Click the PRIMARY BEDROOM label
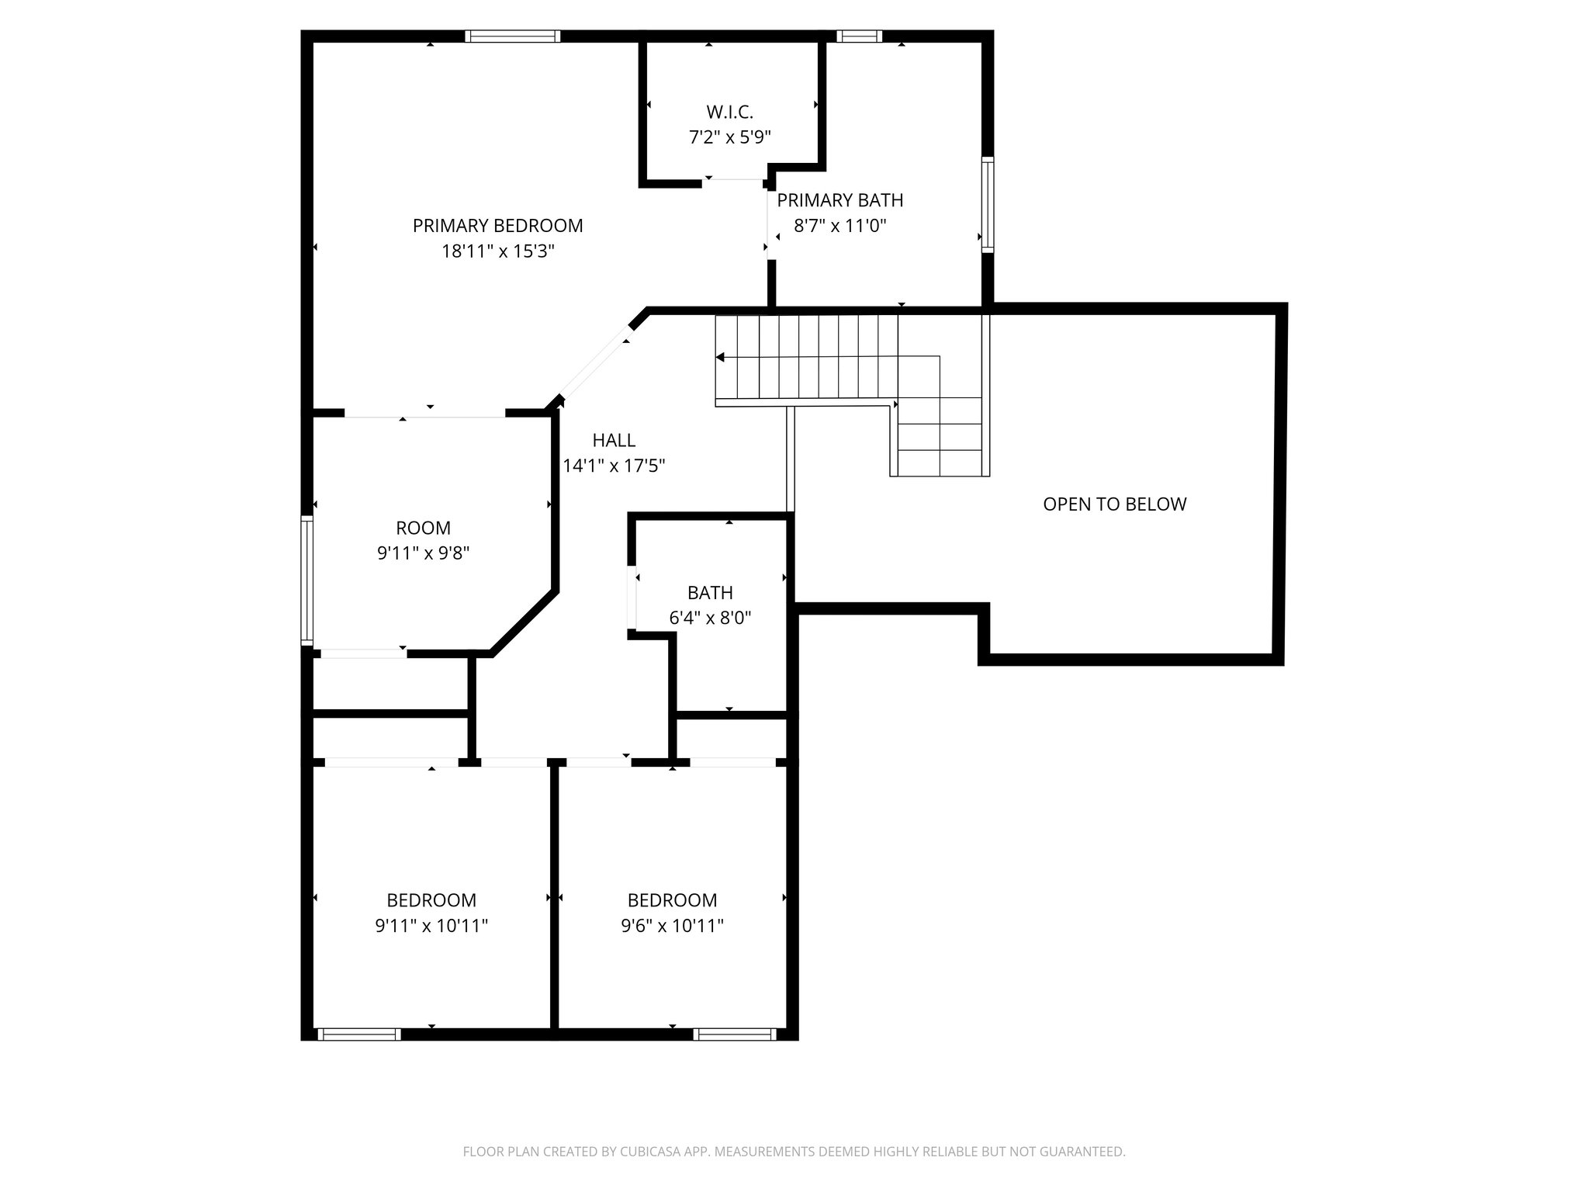click(497, 226)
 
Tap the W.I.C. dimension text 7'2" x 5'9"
click(729, 137)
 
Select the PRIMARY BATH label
click(840, 200)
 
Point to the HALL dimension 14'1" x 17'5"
click(614, 466)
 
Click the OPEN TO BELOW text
click(1114, 504)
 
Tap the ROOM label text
click(423, 528)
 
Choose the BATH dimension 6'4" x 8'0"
click(710, 619)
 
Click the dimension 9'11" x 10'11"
click(431, 926)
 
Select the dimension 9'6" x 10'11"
click(672, 926)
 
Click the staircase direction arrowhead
click(720, 357)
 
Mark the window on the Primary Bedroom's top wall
click(512, 36)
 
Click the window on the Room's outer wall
click(306, 580)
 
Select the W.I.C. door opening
click(734, 181)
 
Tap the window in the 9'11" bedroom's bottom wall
click(359, 1034)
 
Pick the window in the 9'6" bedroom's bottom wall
click(734, 1034)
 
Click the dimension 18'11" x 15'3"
click(497, 251)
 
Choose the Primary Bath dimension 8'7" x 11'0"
click(840, 226)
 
